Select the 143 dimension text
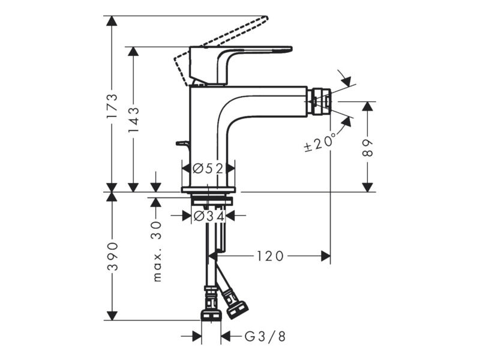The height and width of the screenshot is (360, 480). pyautogui.click(x=134, y=119)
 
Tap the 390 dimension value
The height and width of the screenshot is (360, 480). pyautogui.click(x=112, y=256)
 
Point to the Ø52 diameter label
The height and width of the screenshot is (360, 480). pyautogui.click(x=208, y=169)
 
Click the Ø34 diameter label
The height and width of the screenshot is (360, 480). pyautogui.click(x=209, y=216)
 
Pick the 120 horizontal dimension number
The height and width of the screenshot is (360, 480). pyautogui.click(x=270, y=256)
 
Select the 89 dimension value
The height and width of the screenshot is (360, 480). pyautogui.click(x=367, y=148)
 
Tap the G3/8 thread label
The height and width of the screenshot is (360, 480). pyautogui.click(x=265, y=337)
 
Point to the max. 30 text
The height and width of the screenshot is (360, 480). pyautogui.click(x=157, y=251)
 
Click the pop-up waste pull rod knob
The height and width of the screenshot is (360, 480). pyautogui.click(x=183, y=143)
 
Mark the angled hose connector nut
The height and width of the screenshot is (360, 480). pyautogui.click(x=236, y=310)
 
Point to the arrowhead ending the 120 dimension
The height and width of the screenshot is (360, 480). pyautogui.click(x=326, y=256)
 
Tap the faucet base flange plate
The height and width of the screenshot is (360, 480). pyautogui.click(x=208, y=190)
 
